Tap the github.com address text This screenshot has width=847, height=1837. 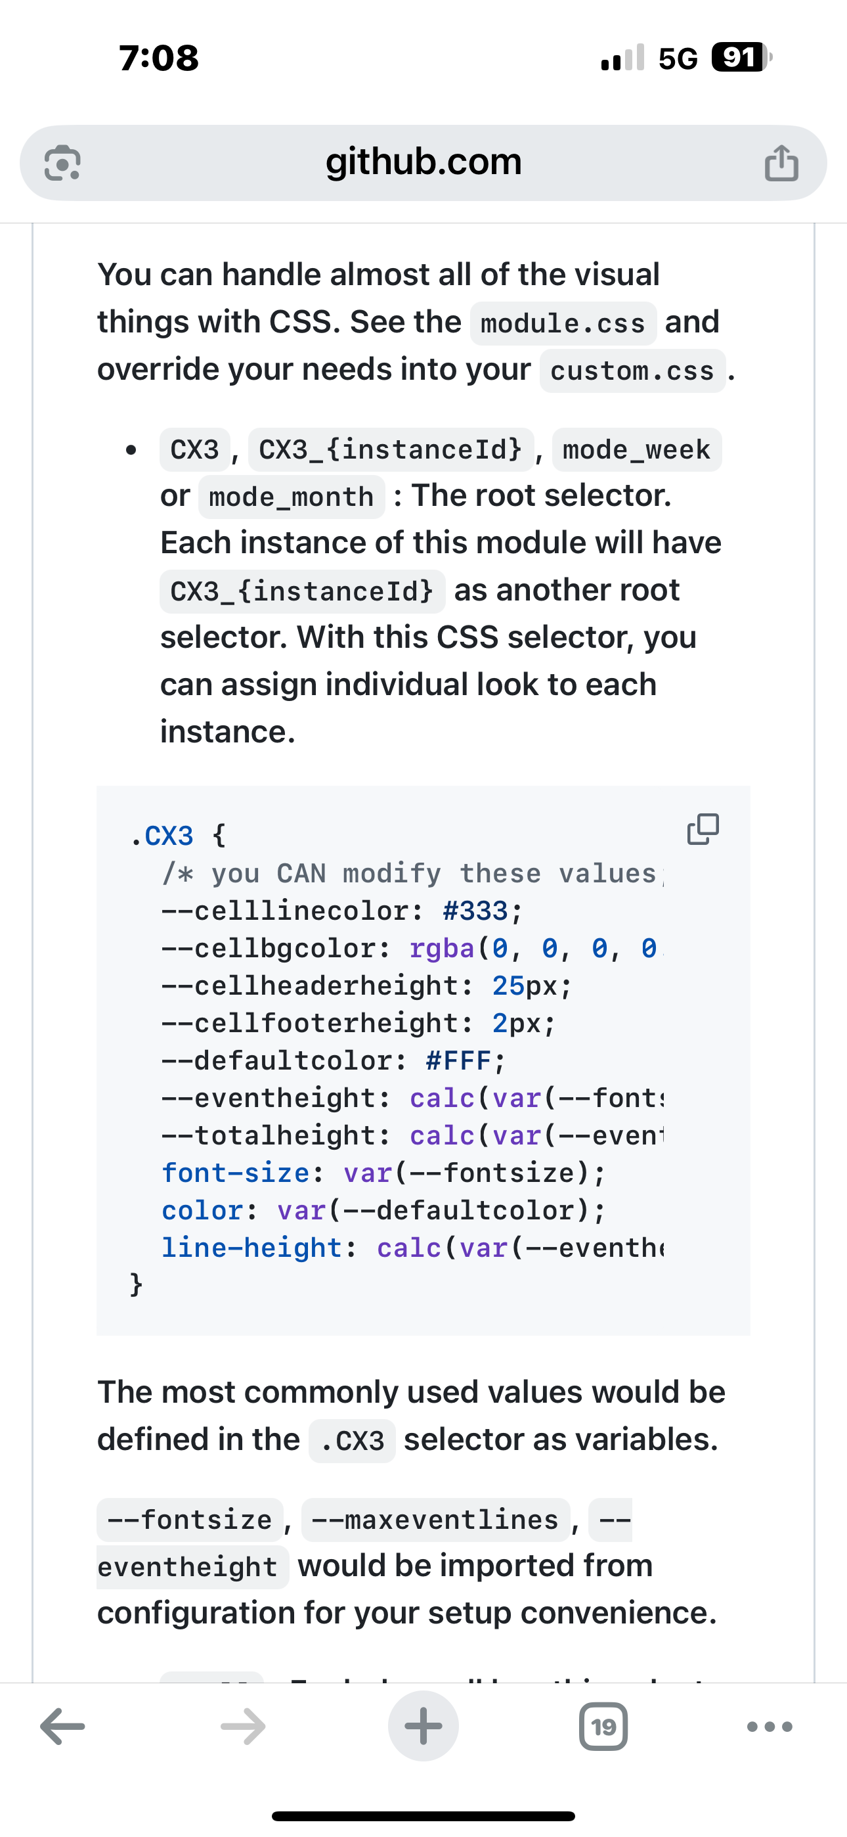click(423, 162)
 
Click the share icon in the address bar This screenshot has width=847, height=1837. click(781, 164)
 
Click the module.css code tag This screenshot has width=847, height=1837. click(563, 324)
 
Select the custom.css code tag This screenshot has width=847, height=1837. click(632, 371)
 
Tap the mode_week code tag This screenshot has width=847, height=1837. click(636, 450)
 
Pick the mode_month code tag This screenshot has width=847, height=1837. click(291, 496)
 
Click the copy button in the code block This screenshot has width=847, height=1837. click(703, 829)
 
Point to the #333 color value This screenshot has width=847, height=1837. click(475, 911)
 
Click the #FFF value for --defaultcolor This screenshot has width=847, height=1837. click(458, 1060)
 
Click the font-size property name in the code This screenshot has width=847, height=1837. click(235, 1172)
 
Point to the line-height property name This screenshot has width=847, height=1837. click(251, 1247)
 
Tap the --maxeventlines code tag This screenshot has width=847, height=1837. click(435, 1520)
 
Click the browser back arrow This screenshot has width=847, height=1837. click(63, 1727)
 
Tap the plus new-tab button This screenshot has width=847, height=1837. click(423, 1727)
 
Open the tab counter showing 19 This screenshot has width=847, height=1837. click(603, 1727)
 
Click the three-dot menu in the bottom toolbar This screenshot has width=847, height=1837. click(770, 1727)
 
